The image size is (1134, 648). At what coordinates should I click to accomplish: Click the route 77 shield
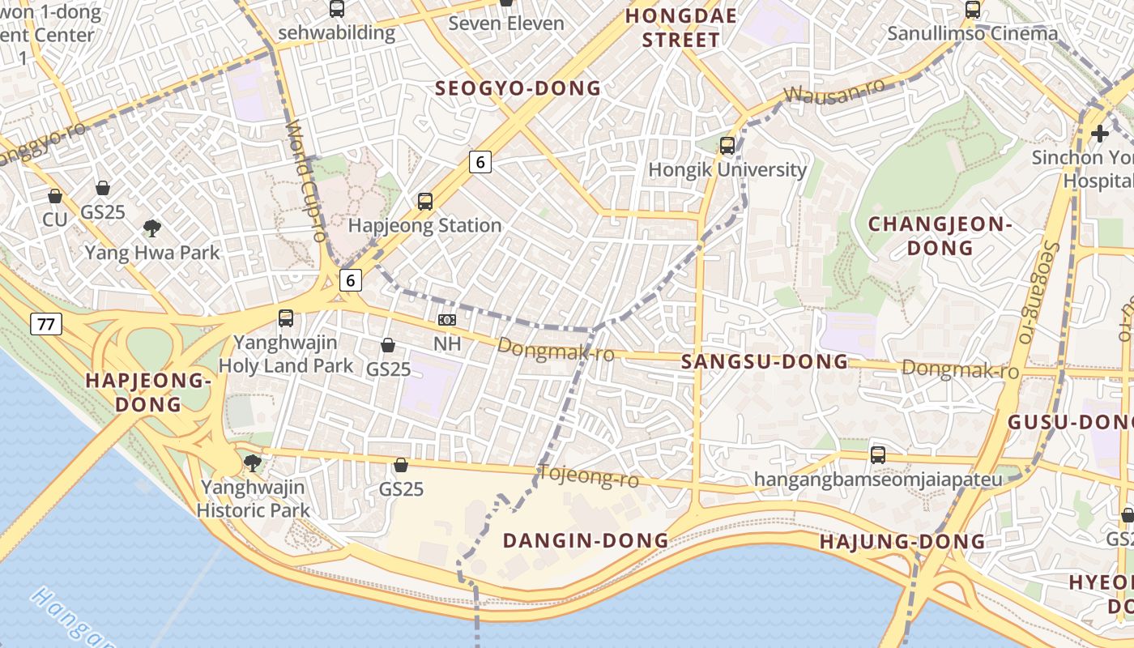46,325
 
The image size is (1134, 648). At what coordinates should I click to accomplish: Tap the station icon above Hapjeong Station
425,202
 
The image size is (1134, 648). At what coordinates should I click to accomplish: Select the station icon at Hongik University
727,146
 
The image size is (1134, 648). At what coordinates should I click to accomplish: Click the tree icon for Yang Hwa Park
151,228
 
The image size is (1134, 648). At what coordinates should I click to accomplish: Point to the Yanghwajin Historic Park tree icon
253,463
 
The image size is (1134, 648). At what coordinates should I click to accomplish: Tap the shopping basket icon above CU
55,196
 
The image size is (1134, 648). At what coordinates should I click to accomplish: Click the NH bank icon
447,320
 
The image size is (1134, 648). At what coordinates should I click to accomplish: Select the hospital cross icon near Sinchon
1099,134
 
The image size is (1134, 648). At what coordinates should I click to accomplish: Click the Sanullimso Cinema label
972,33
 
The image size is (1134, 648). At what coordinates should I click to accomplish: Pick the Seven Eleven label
506,23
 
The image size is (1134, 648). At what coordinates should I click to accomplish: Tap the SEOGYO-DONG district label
518,88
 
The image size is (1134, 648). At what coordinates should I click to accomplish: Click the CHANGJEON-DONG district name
940,236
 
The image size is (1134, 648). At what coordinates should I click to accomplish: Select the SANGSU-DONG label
765,362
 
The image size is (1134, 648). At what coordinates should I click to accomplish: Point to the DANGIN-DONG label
586,540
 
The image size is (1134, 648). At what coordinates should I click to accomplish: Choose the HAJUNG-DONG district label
902,542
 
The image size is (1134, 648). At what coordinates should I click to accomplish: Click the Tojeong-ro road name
589,476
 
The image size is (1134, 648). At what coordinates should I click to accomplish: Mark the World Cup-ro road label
305,181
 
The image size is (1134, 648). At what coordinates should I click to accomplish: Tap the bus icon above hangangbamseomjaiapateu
878,455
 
